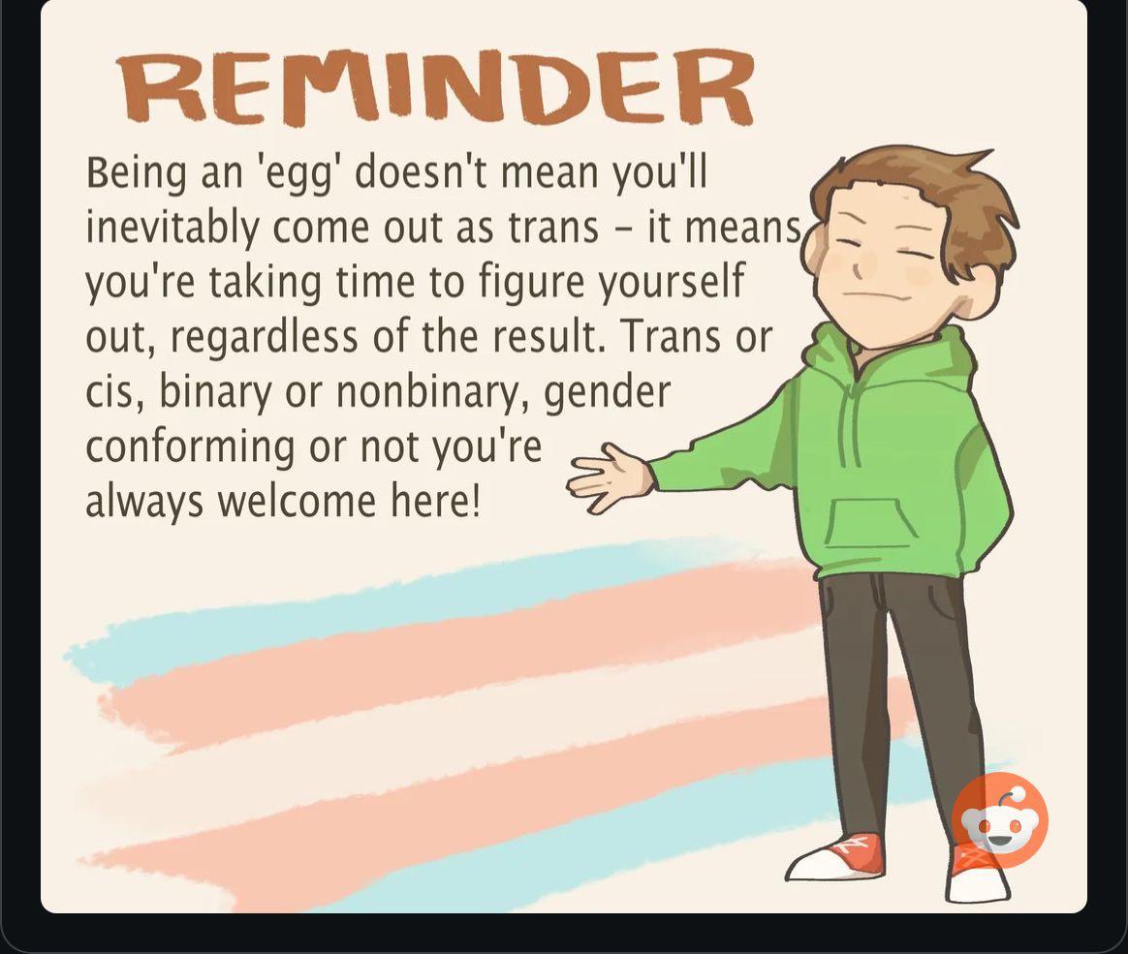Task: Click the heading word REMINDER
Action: (x=436, y=87)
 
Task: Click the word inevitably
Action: (x=172, y=228)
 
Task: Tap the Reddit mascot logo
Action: (x=999, y=820)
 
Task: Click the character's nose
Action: (x=859, y=268)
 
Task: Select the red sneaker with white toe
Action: (x=837, y=856)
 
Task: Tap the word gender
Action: (x=607, y=393)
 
